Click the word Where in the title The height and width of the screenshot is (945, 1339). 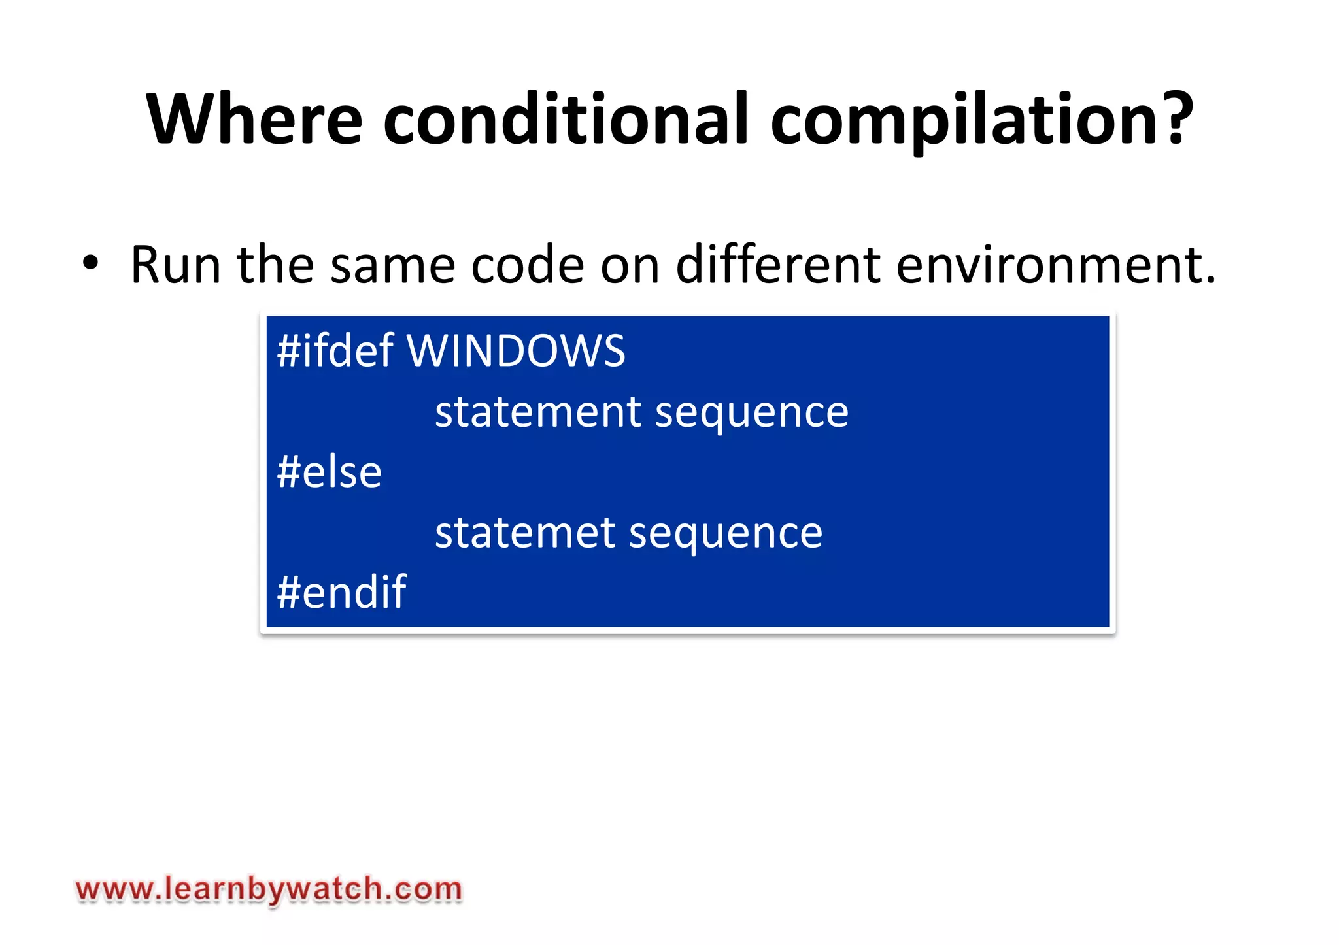coord(254,119)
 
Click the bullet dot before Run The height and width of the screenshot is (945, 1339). coord(90,264)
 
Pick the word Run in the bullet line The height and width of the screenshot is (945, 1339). coord(175,265)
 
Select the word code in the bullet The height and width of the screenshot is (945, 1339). coord(527,265)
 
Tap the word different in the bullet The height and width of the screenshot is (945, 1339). coord(777,265)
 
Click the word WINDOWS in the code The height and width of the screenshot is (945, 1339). coord(516,351)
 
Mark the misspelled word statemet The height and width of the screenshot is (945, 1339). coord(525,532)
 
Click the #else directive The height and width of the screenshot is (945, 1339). coord(329,472)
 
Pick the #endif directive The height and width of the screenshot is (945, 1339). coord(341,591)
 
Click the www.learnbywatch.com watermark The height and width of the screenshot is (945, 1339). coord(269,890)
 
